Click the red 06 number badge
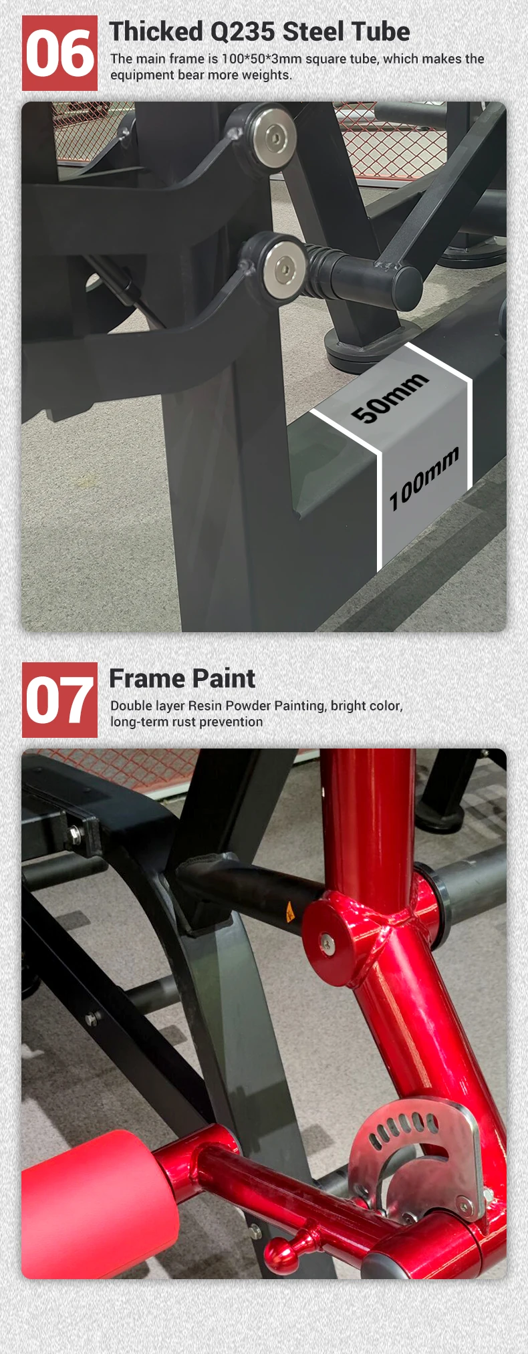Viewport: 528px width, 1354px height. coord(59,53)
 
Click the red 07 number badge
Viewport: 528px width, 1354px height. coord(59,700)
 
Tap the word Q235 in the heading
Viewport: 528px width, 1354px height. coord(243,32)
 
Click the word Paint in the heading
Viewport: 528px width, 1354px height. coord(224,679)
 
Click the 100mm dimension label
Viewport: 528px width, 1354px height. coord(424,479)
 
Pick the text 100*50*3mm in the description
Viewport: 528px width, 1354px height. coord(261,59)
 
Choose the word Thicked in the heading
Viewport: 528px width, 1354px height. coord(156,32)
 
